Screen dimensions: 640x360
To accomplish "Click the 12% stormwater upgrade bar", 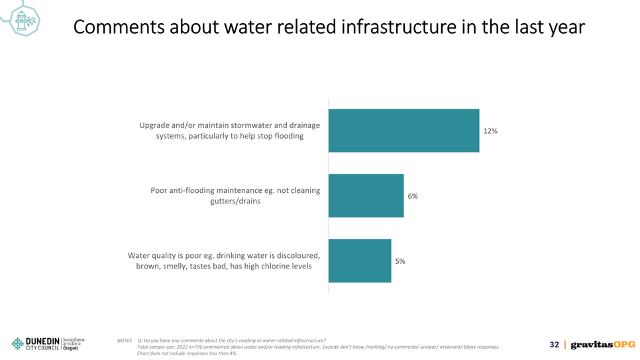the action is [x=403, y=131].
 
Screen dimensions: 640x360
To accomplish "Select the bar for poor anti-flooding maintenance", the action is [x=366, y=196].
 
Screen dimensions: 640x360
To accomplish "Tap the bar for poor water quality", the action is [x=360, y=261].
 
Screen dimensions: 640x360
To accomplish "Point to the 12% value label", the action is [x=490, y=131].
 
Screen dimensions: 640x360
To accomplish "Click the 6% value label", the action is [x=413, y=196].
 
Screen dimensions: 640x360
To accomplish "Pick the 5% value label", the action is [x=400, y=261].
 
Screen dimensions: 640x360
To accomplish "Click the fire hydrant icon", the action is [x=24, y=21].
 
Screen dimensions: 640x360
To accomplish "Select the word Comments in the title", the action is [x=119, y=27].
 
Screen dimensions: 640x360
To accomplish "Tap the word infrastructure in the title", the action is [x=399, y=27].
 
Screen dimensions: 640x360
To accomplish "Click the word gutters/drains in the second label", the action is [x=235, y=201].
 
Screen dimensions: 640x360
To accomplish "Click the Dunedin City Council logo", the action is [x=36, y=344].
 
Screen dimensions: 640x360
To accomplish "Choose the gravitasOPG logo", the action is [x=603, y=345].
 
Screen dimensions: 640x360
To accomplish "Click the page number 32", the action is [x=555, y=345].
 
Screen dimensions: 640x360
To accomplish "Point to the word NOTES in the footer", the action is [x=125, y=340].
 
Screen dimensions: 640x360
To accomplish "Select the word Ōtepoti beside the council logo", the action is [x=71, y=348].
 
